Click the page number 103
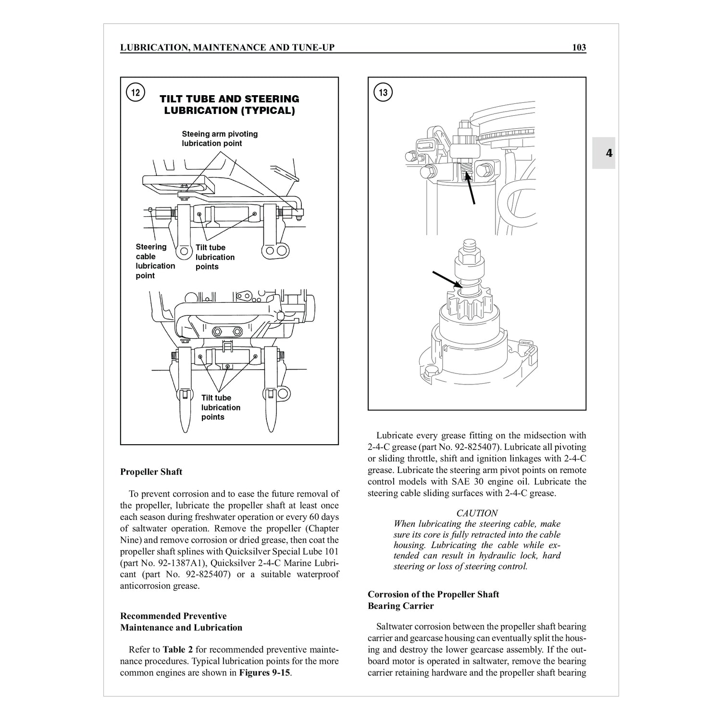pos(579,47)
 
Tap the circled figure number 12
pos(136,92)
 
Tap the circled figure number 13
pos(383,92)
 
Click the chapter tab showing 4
pos(609,153)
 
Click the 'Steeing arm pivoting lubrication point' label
pos(219,138)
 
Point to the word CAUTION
pos(477,513)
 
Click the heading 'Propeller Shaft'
pos(151,472)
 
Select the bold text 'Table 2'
pos(177,649)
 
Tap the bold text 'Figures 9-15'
pos(264,672)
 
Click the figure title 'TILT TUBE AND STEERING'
pos(229,99)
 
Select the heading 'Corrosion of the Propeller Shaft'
pos(433,594)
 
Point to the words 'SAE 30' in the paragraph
pos(483,482)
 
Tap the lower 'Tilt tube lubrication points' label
pos(221,407)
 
